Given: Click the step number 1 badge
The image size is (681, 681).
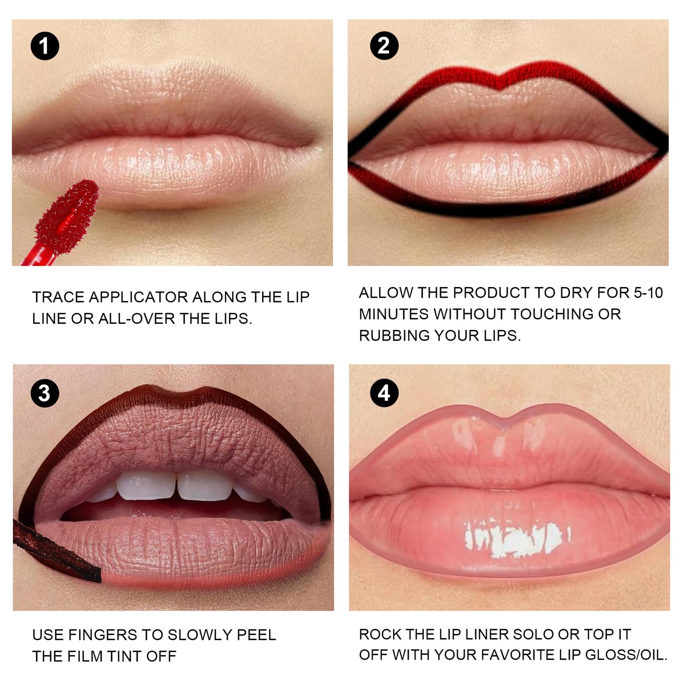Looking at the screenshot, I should [45, 46].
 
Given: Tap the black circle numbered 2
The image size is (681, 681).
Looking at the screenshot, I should [384, 46].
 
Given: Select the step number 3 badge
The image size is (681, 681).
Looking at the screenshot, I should [45, 393].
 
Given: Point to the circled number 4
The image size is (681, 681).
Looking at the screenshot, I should [384, 393].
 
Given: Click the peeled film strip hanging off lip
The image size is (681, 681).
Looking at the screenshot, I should [55, 553].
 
